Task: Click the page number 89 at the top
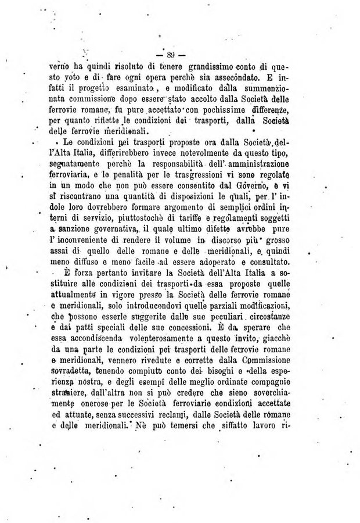coord(171,56)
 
